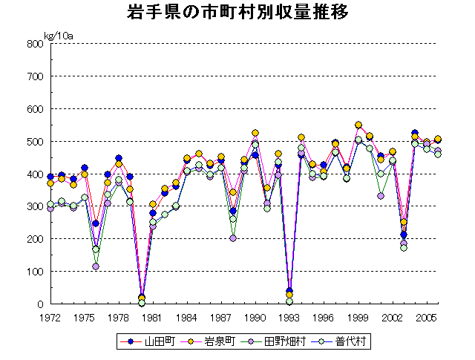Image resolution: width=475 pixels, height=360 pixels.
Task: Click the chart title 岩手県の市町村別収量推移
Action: pos(237,13)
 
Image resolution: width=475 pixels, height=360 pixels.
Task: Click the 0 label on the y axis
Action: pos(39,304)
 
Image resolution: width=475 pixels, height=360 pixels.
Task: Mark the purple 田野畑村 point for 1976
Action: pos(96,266)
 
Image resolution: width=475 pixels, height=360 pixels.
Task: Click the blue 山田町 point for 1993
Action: pos(289,291)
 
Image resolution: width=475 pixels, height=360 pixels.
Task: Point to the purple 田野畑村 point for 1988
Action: pos(233,238)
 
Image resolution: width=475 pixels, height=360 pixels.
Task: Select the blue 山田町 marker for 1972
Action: pos(50,177)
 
